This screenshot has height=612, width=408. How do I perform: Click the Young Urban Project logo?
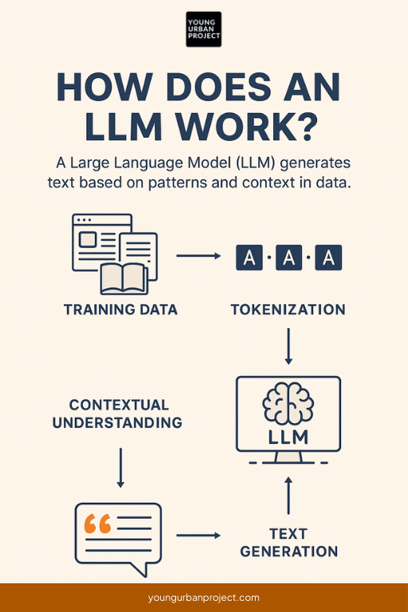[204, 29]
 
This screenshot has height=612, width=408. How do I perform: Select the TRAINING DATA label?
[121, 309]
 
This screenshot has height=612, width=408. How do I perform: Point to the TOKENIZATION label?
[288, 309]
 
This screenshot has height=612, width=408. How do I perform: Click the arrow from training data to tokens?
[198, 256]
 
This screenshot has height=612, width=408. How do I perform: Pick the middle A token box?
[288, 257]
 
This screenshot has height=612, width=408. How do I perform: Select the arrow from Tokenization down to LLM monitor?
[288, 347]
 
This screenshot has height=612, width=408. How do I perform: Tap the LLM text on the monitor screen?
[288, 437]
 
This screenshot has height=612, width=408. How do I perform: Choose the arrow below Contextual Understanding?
[120, 467]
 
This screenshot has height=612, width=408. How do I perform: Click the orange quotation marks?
[97, 524]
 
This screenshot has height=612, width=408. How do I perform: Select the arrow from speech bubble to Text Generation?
[198, 535]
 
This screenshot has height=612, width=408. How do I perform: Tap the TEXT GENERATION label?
[288, 543]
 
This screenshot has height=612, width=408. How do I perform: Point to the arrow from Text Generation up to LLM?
[288, 496]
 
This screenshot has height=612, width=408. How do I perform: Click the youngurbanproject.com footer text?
[204, 598]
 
